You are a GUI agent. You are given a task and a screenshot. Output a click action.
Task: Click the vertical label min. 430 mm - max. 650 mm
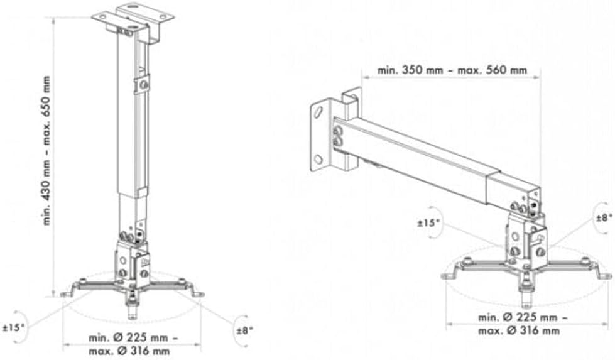(47, 151)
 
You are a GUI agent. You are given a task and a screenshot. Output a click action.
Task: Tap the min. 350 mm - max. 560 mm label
(452, 70)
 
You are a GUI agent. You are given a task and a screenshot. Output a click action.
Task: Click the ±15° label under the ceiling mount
(13, 327)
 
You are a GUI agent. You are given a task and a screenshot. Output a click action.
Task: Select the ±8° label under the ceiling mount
(244, 330)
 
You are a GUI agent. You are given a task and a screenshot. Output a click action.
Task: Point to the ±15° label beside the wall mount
(428, 223)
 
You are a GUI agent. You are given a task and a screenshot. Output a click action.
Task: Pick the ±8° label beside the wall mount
(604, 218)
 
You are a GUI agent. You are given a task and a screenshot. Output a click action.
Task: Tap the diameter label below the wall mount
(522, 324)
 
